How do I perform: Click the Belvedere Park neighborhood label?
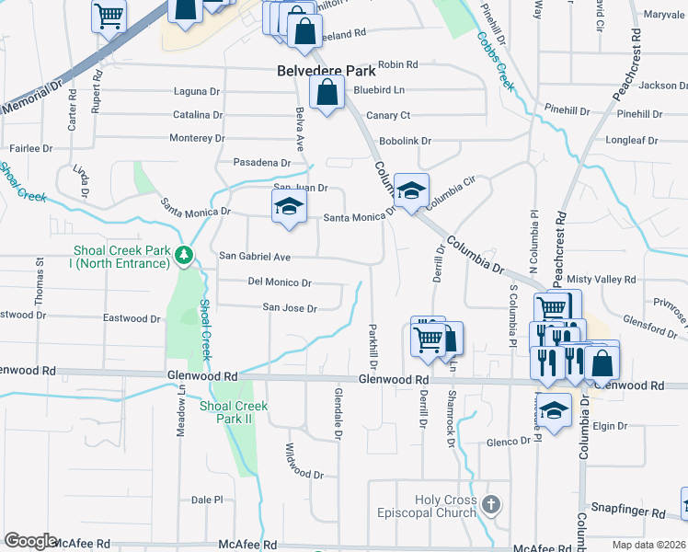coord(327,70)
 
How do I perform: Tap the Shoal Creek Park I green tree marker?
coord(185,255)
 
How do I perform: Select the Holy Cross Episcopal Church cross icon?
coord(492,504)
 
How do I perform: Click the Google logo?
coord(30,541)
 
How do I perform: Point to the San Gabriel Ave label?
coord(254,257)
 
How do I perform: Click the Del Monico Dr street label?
coord(280,282)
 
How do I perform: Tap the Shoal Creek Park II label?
coord(234,412)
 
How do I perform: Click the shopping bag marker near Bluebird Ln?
coord(327,93)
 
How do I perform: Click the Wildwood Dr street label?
coord(304,464)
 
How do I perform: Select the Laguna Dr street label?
coord(198,92)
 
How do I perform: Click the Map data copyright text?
coord(648,545)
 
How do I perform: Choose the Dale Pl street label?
coord(207,500)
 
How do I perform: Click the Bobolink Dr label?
coord(406,141)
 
